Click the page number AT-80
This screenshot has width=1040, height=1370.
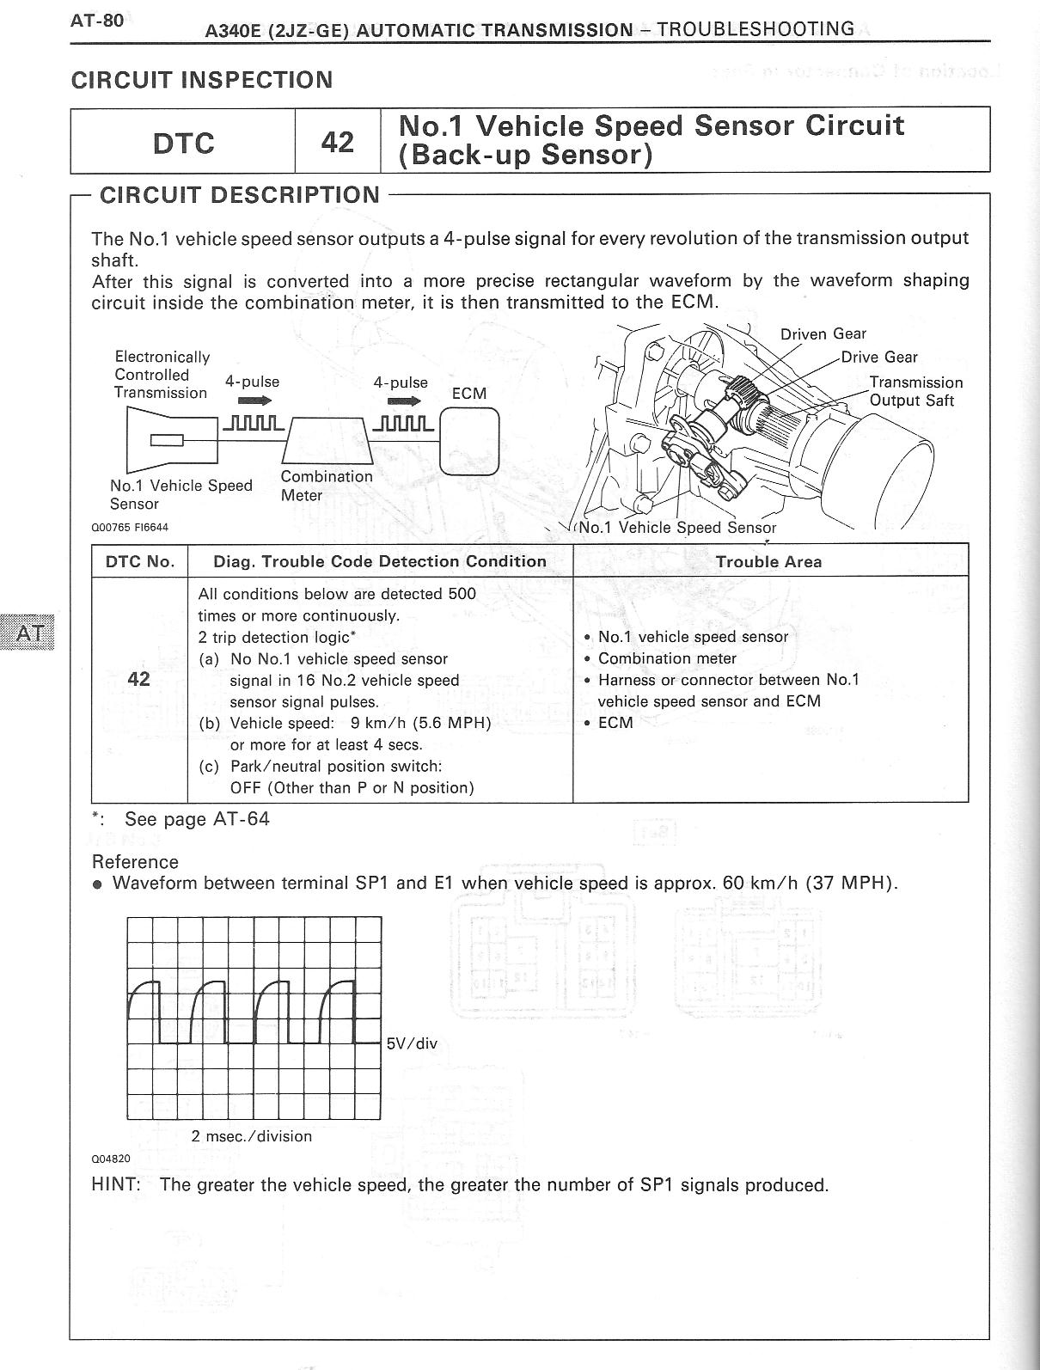97,21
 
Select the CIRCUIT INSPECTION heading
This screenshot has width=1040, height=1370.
201,80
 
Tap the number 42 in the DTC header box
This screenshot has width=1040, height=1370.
337,142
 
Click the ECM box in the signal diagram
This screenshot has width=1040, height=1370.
469,440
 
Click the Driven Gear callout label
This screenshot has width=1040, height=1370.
823,334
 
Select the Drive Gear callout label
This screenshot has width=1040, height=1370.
878,358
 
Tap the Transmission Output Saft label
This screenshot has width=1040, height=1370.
915,391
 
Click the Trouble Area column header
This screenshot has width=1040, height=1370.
768,562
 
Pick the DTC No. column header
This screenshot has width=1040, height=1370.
139,562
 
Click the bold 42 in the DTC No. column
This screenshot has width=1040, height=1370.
138,679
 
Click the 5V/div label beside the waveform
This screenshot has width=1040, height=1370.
412,1043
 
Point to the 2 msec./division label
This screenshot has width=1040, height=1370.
251,1136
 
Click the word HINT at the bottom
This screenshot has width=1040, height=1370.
115,1185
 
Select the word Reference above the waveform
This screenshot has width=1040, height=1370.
135,862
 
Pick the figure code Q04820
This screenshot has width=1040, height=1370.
111,1159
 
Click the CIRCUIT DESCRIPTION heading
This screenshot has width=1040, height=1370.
240,195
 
